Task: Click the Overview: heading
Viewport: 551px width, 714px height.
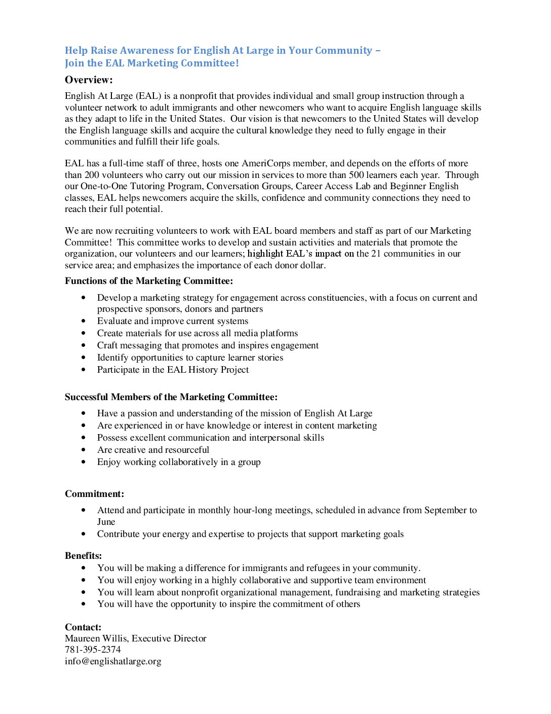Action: tap(89, 80)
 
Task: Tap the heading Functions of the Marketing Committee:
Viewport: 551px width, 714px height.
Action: tap(149, 281)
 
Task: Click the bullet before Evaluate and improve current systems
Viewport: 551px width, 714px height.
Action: tap(84, 321)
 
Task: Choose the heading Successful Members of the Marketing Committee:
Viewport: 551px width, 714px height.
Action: tap(171, 397)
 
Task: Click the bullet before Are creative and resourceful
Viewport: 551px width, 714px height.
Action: tap(84, 450)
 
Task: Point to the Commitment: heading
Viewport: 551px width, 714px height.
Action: tap(94, 494)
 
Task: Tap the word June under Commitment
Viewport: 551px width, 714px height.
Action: tap(106, 522)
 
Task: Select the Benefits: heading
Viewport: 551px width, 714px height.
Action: tap(83, 556)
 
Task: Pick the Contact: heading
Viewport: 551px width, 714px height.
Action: tap(83, 627)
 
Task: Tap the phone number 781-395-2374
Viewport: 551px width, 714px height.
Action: tap(93, 650)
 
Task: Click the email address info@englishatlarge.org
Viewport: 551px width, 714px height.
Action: tap(113, 661)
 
